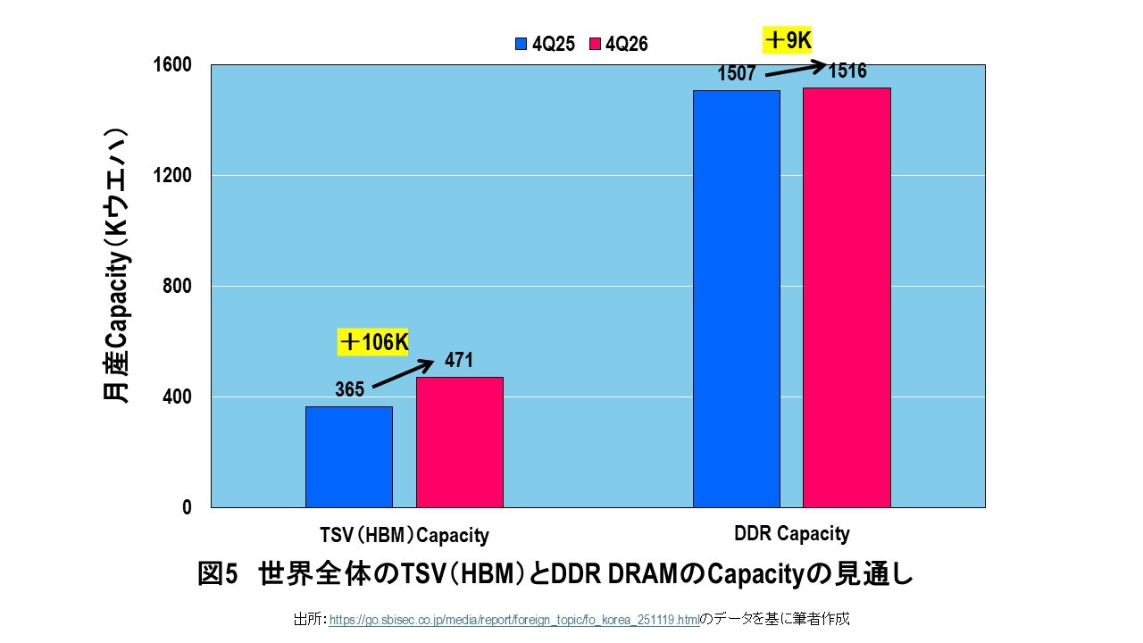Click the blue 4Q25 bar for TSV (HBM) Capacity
(348, 456)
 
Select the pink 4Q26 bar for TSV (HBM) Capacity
(459, 442)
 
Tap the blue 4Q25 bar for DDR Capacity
(736, 298)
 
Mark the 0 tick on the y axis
(187, 507)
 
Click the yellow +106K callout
(373, 342)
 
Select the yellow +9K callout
(787, 40)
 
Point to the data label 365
(349, 389)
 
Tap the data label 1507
(738, 74)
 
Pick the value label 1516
(847, 71)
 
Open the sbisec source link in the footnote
(513, 619)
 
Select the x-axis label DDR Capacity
(791, 534)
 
